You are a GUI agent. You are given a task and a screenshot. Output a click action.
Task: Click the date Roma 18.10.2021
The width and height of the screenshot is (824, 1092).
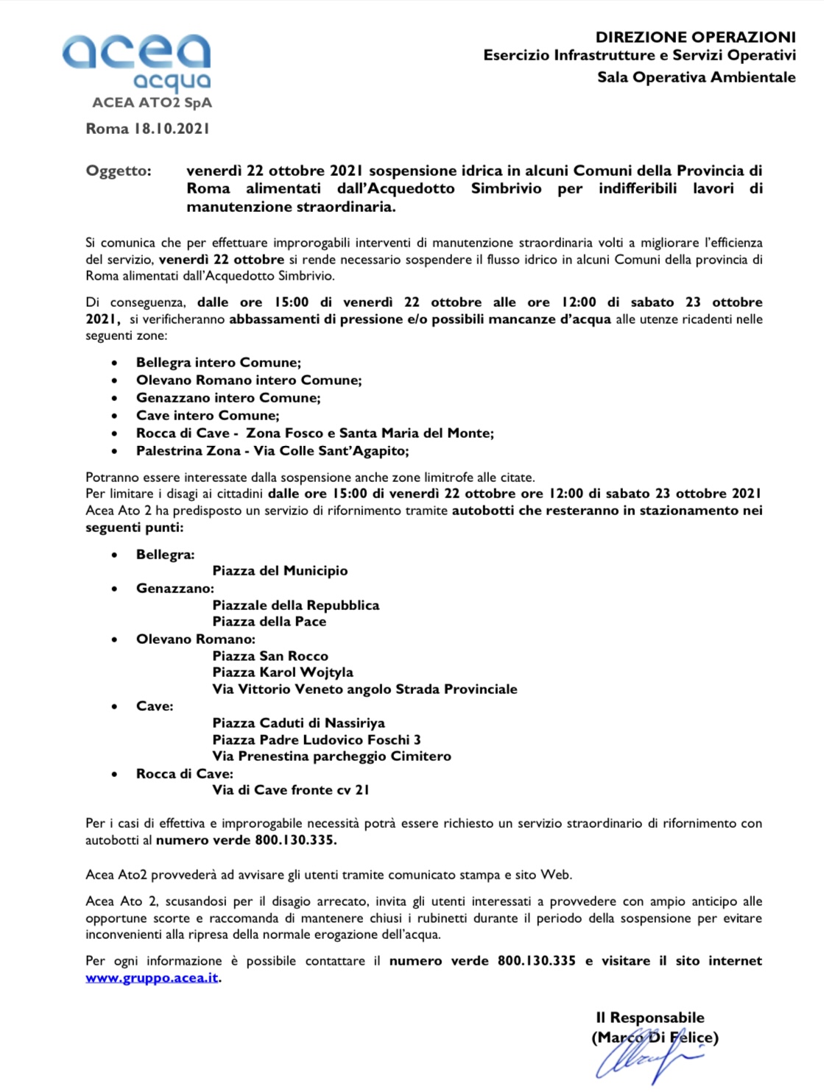pyautogui.click(x=147, y=129)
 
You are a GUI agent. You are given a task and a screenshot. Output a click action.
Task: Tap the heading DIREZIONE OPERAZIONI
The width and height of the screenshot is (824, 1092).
pyautogui.click(x=695, y=37)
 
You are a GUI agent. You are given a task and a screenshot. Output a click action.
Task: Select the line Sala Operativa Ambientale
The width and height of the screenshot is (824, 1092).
pyautogui.click(x=696, y=77)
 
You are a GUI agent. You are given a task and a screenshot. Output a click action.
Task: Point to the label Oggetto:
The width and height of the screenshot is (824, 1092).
pyautogui.click(x=119, y=171)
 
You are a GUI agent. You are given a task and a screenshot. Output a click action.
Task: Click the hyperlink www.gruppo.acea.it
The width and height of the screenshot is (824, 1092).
pyautogui.click(x=152, y=978)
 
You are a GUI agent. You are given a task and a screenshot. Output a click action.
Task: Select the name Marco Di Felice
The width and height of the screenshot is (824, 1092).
pyautogui.click(x=655, y=1038)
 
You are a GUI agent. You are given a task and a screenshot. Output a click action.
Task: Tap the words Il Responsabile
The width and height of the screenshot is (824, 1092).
pyautogui.click(x=649, y=1018)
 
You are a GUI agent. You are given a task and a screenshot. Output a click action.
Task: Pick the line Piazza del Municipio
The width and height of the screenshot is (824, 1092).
pyautogui.click(x=280, y=571)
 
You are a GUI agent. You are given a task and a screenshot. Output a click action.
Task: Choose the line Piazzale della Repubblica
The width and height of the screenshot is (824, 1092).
pyautogui.click(x=296, y=606)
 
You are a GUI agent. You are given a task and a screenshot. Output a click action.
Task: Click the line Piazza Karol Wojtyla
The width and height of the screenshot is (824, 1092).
pyautogui.click(x=283, y=673)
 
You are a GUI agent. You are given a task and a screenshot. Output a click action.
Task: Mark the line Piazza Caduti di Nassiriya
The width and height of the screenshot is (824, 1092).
pyautogui.click(x=298, y=723)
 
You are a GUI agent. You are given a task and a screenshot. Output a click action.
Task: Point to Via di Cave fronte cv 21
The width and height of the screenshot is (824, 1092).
pyautogui.click(x=291, y=790)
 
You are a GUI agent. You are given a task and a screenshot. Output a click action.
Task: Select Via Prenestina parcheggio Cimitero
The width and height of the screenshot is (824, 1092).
pyautogui.click(x=331, y=756)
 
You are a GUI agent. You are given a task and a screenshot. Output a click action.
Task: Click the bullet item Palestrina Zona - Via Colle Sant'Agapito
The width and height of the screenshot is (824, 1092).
pyautogui.click(x=272, y=451)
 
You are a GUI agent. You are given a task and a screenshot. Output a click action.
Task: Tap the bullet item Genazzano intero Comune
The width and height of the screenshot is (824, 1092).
pyautogui.click(x=228, y=398)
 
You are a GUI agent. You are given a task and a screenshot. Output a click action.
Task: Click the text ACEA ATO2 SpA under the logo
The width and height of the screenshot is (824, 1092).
pyautogui.click(x=152, y=103)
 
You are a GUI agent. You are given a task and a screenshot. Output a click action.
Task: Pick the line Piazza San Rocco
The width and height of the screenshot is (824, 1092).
pyautogui.click(x=270, y=656)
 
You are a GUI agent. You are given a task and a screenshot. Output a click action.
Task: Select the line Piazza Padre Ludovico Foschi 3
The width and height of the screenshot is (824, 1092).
pyautogui.click(x=317, y=740)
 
